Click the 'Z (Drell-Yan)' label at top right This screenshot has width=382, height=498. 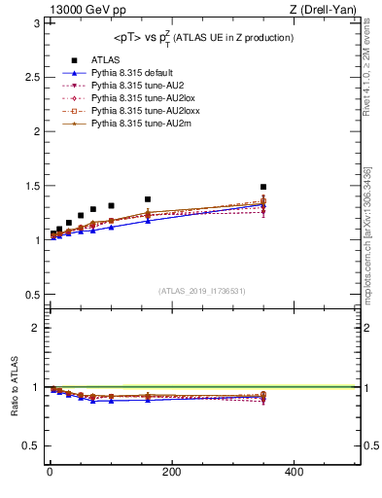click(x=330, y=11)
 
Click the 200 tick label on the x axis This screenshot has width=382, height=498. click(x=171, y=472)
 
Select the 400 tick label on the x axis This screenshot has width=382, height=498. click(x=294, y=472)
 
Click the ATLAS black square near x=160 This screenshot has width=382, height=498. click(x=148, y=199)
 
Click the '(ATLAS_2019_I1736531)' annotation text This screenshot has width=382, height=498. click(x=202, y=291)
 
